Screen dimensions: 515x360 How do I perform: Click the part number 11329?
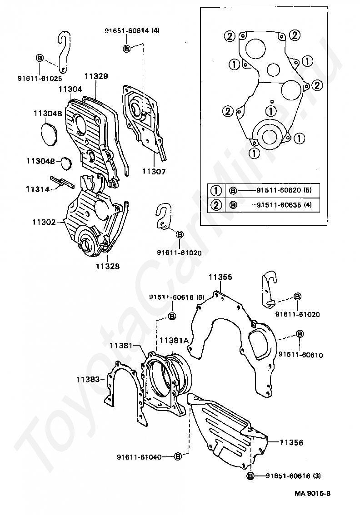point(95,76)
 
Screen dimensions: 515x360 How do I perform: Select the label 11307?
point(153,172)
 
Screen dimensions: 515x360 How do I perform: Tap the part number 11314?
point(37,189)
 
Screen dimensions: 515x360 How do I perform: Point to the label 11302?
point(44,222)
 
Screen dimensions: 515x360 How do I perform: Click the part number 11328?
point(108,266)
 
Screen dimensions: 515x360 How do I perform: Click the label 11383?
point(88,379)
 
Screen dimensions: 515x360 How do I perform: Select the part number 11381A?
point(174,340)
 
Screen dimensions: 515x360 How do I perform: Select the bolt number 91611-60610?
point(301,355)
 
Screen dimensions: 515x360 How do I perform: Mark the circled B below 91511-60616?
point(172,316)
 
